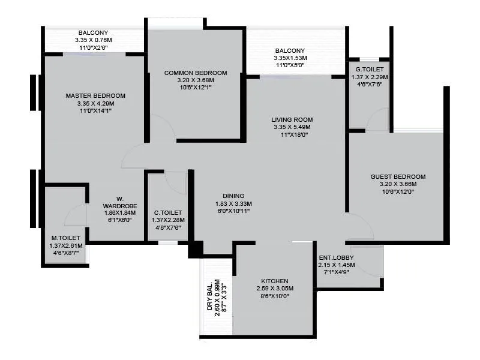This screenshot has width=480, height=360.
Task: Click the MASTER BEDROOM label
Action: tap(95, 95)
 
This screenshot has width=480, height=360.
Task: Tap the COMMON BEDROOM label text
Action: tap(196, 73)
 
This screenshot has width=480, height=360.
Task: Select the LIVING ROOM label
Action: tap(292, 119)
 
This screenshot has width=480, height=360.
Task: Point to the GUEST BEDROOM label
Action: tap(398, 176)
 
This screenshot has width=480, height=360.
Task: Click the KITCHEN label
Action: tap(275, 281)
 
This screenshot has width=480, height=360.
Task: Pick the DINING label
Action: tap(233, 196)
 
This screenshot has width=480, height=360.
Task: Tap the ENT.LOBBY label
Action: tap(337, 257)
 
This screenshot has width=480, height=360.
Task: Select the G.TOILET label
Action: tap(369, 70)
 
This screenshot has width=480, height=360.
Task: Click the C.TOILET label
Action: tap(168, 212)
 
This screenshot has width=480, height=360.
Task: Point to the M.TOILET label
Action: tap(66, 238)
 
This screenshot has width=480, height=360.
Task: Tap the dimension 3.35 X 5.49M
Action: tap(292, 127)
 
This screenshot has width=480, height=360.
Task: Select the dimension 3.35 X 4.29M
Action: tap(95, 103)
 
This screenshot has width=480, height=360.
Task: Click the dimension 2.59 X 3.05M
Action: tap(275, 289)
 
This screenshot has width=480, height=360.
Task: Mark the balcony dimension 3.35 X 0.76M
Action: tap(94, 40)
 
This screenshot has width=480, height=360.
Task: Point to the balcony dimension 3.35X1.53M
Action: tap(290, 58)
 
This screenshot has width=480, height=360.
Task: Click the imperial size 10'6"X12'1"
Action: tap(196, 88)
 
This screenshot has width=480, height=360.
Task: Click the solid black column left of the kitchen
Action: tap(195, 249)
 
